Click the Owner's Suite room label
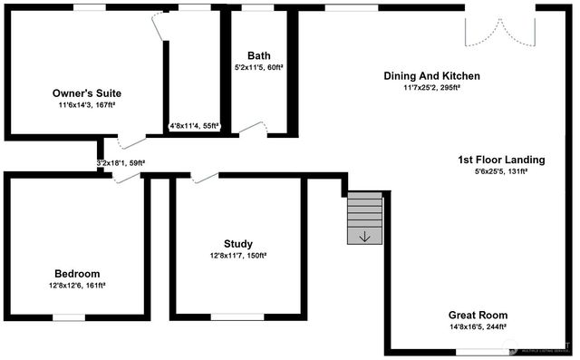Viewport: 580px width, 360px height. coord(86,93)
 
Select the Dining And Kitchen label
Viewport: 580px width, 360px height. coord(431,76)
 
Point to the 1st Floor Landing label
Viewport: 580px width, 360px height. coord(501,160)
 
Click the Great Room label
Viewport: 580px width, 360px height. coord(478,315)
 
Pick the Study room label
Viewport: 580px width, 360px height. coord(238,243)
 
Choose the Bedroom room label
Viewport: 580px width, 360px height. coord(77,273)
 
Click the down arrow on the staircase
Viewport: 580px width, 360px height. coord(364,237)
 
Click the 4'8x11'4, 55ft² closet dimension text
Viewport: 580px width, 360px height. coord(195,126)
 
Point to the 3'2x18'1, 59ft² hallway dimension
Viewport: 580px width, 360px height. coord(121,163)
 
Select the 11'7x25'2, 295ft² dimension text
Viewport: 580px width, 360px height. coord(431,88)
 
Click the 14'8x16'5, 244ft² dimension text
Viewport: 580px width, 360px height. coord(478,326)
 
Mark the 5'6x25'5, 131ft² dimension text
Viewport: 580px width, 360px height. coord(501,171)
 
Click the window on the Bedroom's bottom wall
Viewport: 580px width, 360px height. coord(69,316)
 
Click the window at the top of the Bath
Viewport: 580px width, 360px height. coord(258,7)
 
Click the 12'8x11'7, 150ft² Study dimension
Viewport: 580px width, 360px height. coord(238,255)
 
